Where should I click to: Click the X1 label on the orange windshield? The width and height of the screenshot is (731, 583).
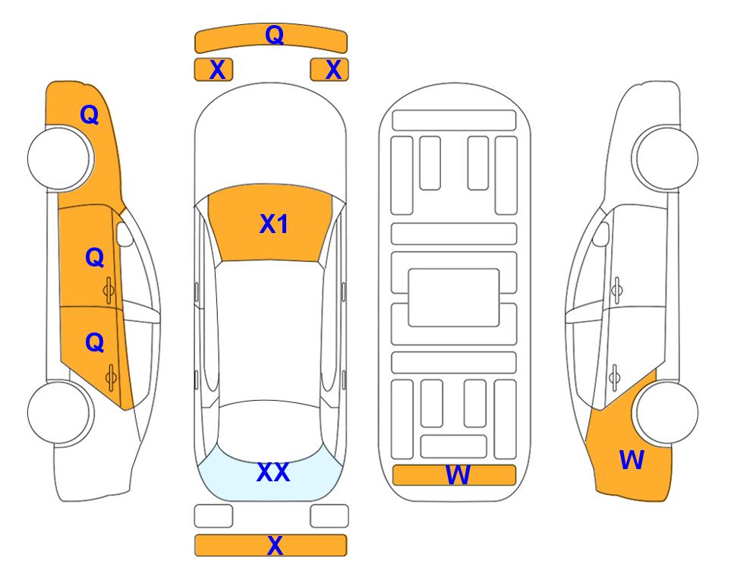[274, 224]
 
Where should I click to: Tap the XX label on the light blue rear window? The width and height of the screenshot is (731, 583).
[273, 472]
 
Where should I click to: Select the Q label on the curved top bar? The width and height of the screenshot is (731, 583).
[275, 35]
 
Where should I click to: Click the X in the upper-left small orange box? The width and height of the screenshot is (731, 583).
[217, 70]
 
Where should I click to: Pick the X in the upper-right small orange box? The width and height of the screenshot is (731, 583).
[333, 70]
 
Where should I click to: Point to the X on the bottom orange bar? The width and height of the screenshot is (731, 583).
[275, 545]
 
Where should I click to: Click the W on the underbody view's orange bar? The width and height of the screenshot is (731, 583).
[458, 475]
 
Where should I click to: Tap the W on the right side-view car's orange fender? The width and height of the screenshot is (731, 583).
[632, 460]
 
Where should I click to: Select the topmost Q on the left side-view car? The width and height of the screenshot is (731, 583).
[90, 115]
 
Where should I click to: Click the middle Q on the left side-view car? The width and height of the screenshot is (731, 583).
[95, 257]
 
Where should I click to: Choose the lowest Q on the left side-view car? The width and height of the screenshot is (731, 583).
[95, 343]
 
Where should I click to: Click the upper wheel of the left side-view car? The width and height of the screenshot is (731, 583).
[59, 158]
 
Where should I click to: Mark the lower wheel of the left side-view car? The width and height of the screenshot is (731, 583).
[59, 412]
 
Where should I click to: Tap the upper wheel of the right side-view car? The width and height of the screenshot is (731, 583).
[666, 158]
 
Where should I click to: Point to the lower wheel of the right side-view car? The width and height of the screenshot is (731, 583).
[666, 412]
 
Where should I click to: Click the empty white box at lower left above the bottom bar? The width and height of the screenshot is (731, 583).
[213, 516]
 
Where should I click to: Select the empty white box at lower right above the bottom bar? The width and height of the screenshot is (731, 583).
[329, 516]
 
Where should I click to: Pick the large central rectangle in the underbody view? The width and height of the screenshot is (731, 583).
[454, 298]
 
